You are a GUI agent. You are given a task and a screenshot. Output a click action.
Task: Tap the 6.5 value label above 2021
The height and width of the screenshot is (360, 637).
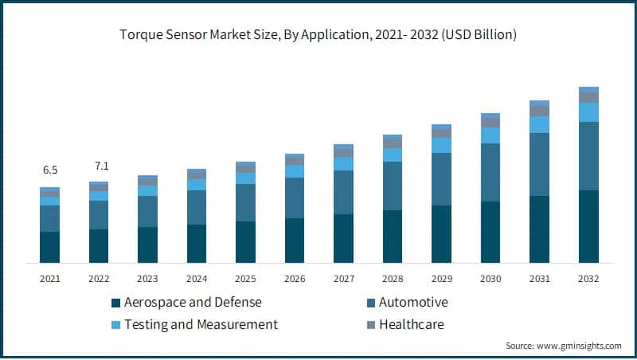click(49, 170)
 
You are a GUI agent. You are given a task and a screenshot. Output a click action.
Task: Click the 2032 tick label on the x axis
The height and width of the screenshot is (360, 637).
click(588, 279)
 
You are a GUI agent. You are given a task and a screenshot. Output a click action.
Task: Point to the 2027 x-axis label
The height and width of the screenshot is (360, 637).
click(343, 279)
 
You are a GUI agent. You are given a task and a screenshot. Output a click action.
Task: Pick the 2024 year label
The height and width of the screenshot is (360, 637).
click(197, 279)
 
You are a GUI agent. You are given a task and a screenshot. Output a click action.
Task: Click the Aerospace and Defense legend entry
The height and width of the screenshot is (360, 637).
click(191, 303)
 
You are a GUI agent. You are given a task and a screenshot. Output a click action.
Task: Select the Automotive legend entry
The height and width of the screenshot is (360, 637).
click(413, 303)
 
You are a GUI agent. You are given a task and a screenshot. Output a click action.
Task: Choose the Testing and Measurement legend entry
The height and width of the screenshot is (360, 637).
click(199, 324)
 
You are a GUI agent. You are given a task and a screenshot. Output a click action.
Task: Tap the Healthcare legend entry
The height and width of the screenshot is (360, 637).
click(411, 324)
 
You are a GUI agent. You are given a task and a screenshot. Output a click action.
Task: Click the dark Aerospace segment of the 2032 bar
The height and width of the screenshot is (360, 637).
click(588, 227)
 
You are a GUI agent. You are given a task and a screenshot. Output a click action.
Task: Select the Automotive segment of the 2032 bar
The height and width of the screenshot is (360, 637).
click(588, 156)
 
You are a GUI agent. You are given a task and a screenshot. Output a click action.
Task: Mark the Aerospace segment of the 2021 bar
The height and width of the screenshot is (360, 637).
click(49, 247)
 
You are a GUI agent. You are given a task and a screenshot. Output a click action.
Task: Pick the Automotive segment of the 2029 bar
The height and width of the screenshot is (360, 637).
click(441, 179)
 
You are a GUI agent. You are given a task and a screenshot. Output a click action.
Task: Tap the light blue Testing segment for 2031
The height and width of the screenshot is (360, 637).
click(540, 124)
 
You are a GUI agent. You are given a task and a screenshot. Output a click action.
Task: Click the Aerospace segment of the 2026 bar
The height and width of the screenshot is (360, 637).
click(295, 241)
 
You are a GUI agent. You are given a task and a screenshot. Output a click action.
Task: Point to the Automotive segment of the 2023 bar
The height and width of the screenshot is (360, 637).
click(147, 211)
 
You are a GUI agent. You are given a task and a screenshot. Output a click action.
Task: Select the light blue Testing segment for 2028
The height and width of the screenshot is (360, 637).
click(393, 155)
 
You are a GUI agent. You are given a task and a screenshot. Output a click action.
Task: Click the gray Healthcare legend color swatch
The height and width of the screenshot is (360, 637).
click(370, 325)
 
